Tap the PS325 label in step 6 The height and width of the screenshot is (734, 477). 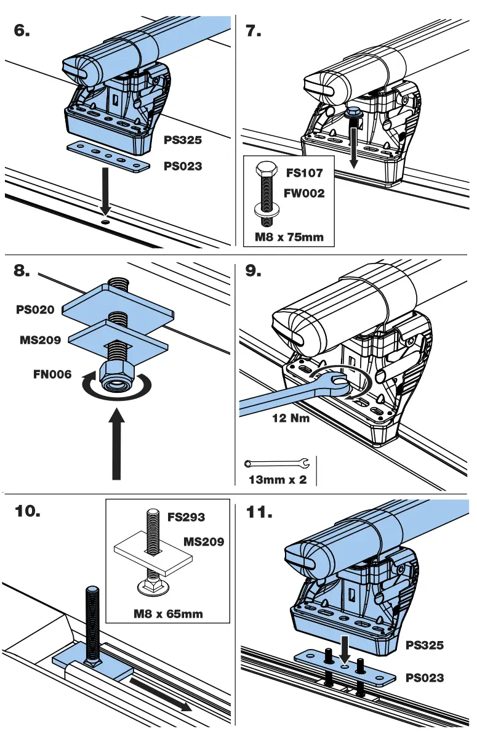pyautogui.click(x=183, y=140)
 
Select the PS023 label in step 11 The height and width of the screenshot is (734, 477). pyautogui.click(x=425, y=678)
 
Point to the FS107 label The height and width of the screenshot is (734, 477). pyautogui.click(x=304, y=173)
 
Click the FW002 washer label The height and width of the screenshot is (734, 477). pyautogui.click(x=304, y=193)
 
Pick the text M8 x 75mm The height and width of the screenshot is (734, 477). pyautogui.click(x=289, y=236)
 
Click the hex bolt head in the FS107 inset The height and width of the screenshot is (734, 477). pyautogui.click(x=266, y=169)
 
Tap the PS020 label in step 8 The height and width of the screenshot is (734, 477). pyautogui.click(x=35, y=310)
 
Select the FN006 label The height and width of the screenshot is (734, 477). pyautogui.click(x=52, y=373)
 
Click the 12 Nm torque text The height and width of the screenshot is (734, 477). pyautogui.click(x=291, y=418)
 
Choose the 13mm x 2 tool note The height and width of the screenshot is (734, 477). pyautogui.click(x=277, y=480)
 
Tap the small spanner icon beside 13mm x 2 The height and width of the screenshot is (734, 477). pyautogui.click(x=276, y=463)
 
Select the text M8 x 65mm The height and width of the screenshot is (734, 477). pyautogui.click(x=168, y=613)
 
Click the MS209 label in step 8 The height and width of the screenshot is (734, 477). pyautogui.click(x=41, y=339)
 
